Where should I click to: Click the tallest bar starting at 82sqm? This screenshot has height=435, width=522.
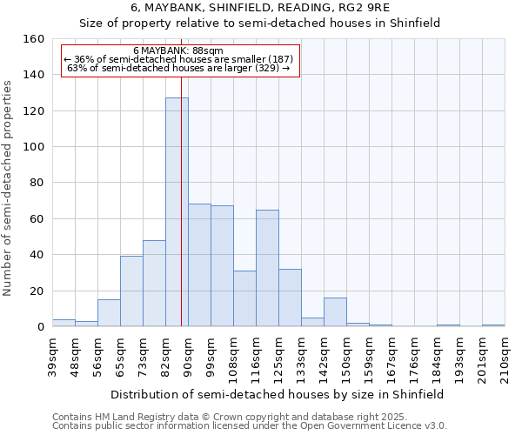click(177, 212)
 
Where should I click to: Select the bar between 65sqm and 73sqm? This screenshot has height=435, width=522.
click(131, 291)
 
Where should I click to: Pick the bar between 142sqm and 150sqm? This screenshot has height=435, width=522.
click(335, 312)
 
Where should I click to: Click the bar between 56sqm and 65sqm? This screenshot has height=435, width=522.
click(109, 313)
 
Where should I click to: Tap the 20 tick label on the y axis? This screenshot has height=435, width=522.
click(37, 291)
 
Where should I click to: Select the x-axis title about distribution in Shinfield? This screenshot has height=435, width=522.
click(278, 394)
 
